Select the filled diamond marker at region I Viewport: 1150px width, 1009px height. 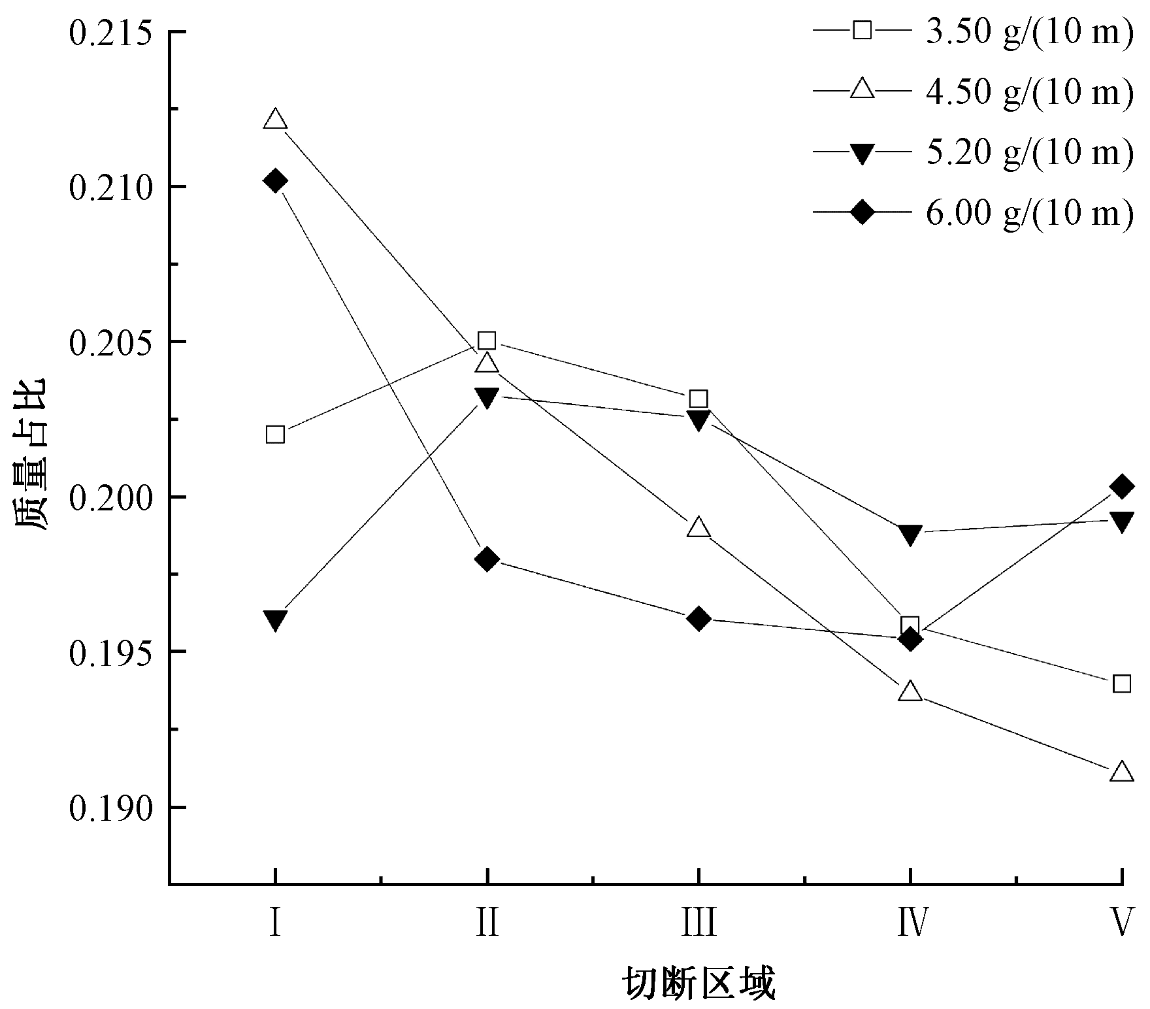click(x=275, y=180)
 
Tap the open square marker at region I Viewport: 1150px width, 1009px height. click(x=275, y=435)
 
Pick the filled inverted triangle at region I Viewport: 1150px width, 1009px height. click(x=275, y=620)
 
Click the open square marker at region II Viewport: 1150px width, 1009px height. click(x=487, y=340)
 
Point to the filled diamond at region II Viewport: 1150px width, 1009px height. click(x=487, y=559)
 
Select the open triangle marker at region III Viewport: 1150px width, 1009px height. click(x=698, y=527)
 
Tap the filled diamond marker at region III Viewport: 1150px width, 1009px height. click(x=698, y=618)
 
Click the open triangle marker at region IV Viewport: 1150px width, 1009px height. click(x=910, y=692)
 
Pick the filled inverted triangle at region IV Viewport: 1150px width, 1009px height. click(x=910, y=534)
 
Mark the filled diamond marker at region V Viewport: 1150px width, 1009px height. click(x=1122, y=486)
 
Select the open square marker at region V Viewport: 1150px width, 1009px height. click(x=1122, y=684)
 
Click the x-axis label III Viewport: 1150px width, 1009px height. click(x=698, y=923)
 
